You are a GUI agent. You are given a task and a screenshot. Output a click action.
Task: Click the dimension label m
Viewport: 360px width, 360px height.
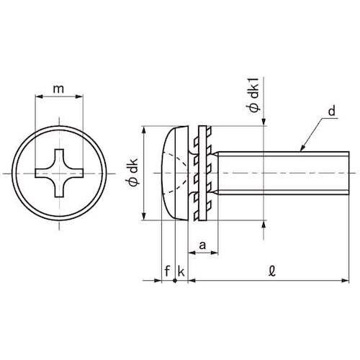[58, 89]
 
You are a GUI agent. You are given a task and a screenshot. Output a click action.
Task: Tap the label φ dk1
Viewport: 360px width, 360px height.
[254, 94]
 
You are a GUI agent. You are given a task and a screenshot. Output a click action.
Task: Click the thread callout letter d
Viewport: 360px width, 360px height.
[332, 112]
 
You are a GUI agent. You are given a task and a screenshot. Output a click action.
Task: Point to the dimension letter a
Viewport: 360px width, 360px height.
[202, 246]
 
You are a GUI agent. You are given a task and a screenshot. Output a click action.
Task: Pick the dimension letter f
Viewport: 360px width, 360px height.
[167, 271]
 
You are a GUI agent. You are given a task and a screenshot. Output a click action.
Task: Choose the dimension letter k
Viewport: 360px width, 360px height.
[181, 271]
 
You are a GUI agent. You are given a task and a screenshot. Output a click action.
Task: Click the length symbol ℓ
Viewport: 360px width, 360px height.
[272, 271]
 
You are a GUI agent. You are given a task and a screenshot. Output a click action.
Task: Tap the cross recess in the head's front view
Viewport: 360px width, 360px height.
[59, 173]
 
